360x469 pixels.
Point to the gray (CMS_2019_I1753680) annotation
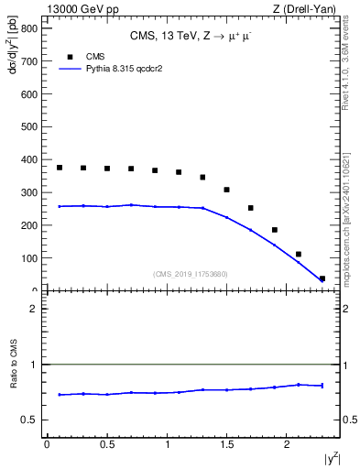191,273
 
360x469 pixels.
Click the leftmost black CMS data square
60,168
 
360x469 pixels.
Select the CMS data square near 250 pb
251,208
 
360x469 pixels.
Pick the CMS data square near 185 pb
275,230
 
